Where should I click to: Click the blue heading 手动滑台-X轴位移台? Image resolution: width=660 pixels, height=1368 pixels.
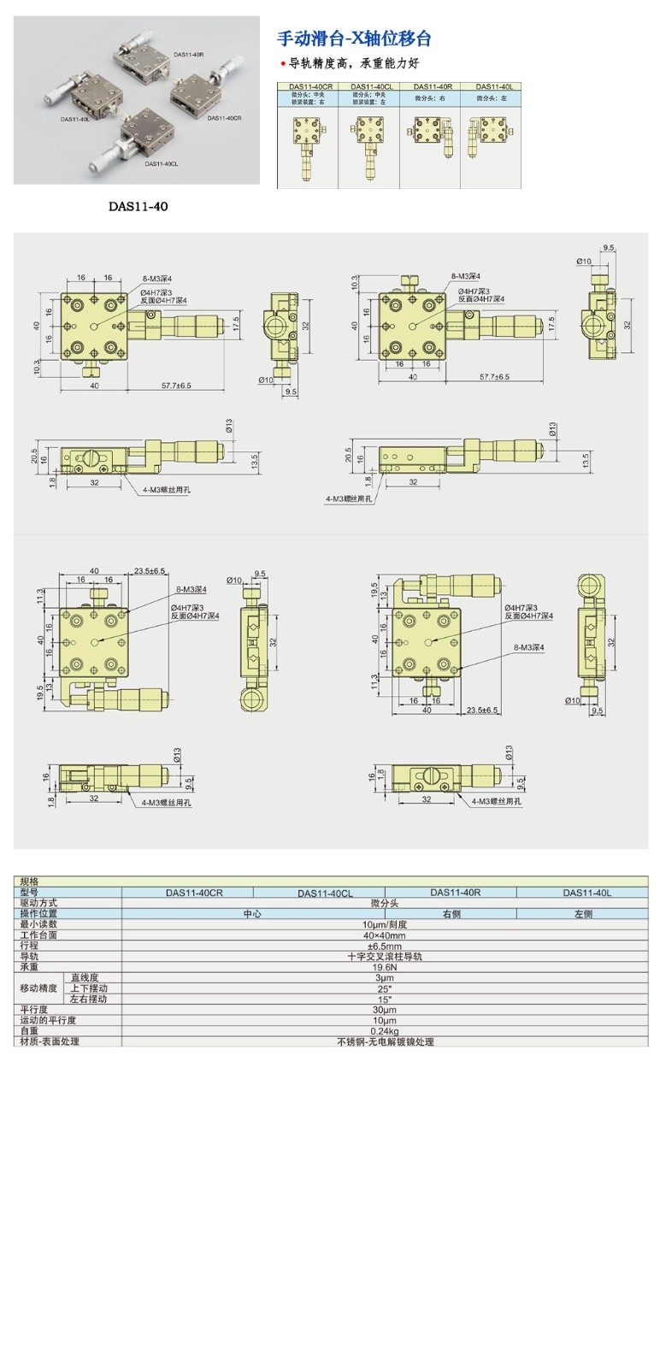[354, 38]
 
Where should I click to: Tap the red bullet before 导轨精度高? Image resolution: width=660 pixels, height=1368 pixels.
[283, 64]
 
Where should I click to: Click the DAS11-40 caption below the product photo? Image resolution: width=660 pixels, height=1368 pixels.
[138, 207]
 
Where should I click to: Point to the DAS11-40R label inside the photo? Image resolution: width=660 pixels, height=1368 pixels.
[188, 55]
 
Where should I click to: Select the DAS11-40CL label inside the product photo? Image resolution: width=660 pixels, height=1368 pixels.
[161, 162]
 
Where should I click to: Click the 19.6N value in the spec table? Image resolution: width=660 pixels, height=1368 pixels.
[385, 967]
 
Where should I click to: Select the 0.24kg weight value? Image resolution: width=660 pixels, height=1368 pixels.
[385, 1031]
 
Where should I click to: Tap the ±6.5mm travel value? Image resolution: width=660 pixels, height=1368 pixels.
[385, 946]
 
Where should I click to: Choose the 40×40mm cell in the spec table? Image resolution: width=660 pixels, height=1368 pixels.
[385, 935]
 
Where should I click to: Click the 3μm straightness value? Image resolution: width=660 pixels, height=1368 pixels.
[385, 977]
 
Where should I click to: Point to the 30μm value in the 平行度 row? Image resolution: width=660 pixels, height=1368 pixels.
[385, 1010]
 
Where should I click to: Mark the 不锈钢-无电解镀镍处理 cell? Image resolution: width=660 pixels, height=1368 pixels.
[385, 1041]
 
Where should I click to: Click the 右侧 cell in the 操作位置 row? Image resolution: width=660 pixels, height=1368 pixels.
[451, 913]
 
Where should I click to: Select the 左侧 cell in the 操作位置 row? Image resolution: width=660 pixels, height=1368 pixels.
[583, 913]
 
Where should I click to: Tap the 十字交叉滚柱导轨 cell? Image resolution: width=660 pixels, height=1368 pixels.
[385, 956]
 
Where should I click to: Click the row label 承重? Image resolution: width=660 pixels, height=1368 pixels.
[30, 967]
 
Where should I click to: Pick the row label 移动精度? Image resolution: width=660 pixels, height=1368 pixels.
[38, 988]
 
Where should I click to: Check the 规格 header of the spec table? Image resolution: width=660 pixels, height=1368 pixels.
[30, 881]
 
